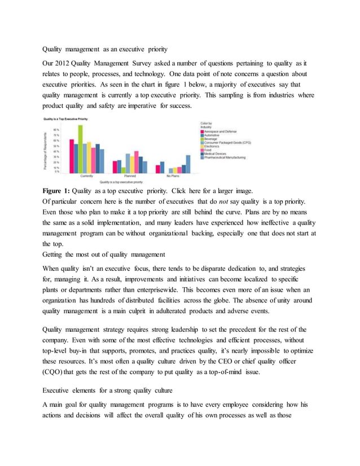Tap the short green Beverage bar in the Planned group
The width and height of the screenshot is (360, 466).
(124, 170)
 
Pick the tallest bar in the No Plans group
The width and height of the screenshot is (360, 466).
(188, 164)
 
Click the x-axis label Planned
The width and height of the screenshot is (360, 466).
(130, 176)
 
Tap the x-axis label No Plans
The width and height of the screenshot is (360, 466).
(173, 176)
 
